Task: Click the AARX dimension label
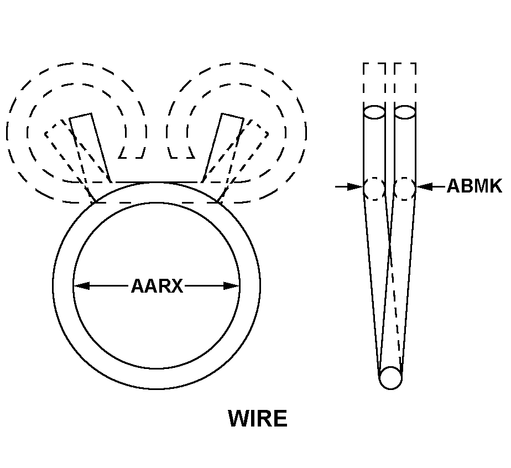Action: click(157, 286)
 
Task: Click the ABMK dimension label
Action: click(474, 186)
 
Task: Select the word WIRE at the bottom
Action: click(258, 419)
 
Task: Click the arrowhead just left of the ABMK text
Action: click(424, 187)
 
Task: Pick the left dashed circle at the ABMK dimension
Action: click(374, 188)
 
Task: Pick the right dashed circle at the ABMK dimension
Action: click(405, 188)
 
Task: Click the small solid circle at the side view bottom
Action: click(390, 378)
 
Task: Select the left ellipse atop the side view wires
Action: click(374, 112)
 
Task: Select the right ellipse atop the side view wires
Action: click(405, 112)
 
